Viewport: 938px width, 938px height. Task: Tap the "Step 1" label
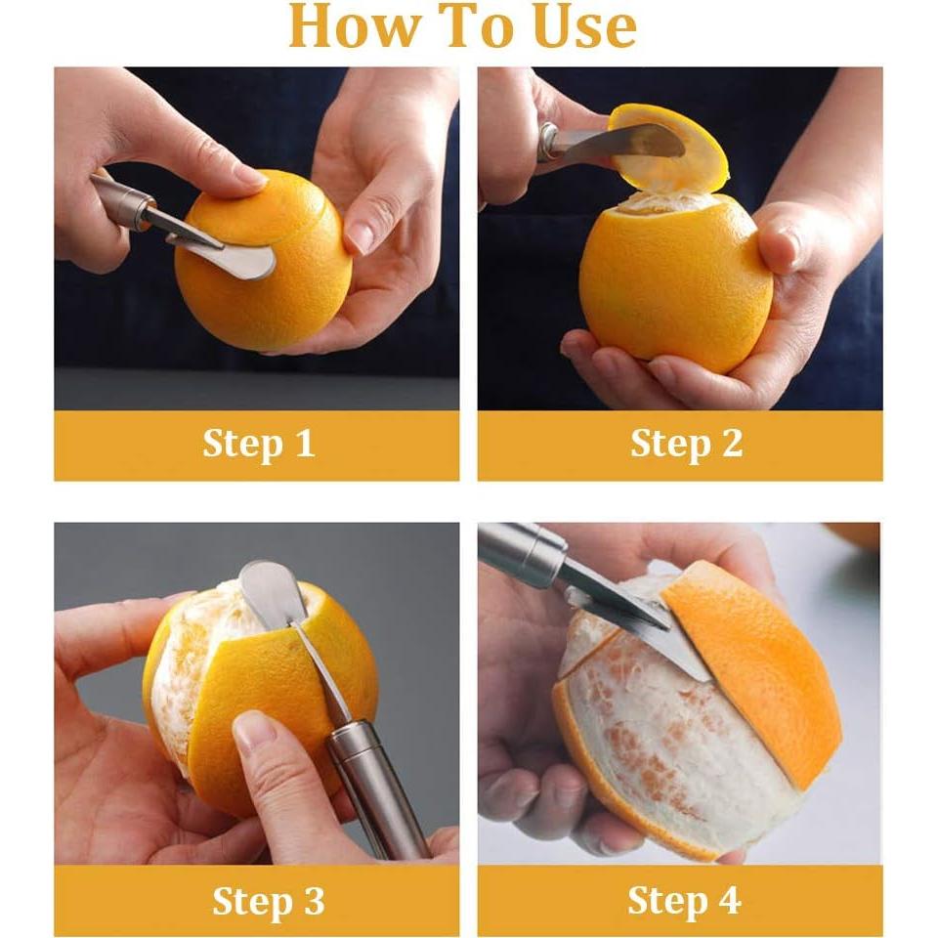point(258,444)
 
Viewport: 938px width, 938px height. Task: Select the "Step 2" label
point(686,444)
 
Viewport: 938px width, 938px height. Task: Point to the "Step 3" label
point(268,900)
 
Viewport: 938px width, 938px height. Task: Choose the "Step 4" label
point(684,900)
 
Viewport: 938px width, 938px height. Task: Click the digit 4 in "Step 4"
point(729,899)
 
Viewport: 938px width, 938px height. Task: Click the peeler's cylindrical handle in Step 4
point(522,550)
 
